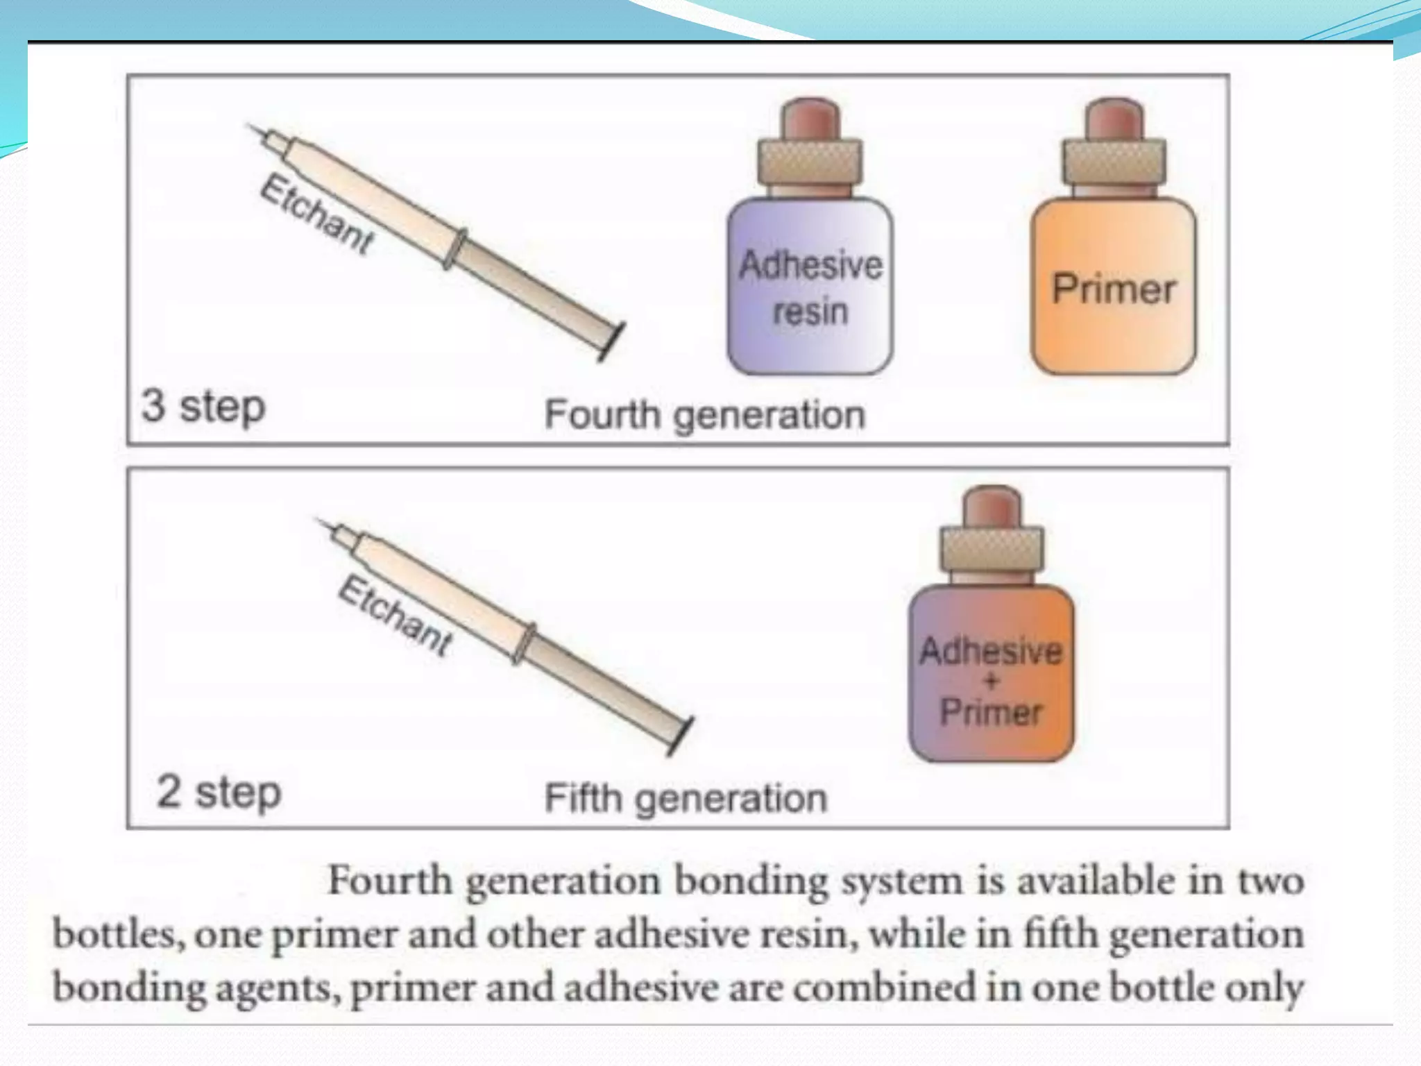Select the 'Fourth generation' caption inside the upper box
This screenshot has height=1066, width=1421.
704,414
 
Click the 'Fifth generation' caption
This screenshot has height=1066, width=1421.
686,798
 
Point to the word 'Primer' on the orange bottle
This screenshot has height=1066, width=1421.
1113,289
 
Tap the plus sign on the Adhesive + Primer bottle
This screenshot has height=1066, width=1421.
991,682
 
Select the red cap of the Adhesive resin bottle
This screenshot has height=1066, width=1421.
810,119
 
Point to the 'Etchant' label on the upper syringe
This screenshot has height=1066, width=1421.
316,214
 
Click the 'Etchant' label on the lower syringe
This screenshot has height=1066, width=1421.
394,615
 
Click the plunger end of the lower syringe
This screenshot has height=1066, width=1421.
681,736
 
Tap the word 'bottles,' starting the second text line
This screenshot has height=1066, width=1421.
119,935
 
